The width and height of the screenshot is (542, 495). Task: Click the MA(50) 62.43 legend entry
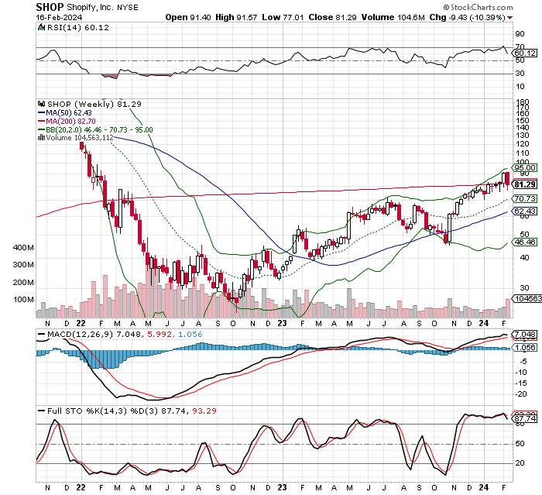pos(69,112)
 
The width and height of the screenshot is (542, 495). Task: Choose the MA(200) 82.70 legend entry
pos(71,121)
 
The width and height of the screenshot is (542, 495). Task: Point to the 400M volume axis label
pos(24,248)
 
